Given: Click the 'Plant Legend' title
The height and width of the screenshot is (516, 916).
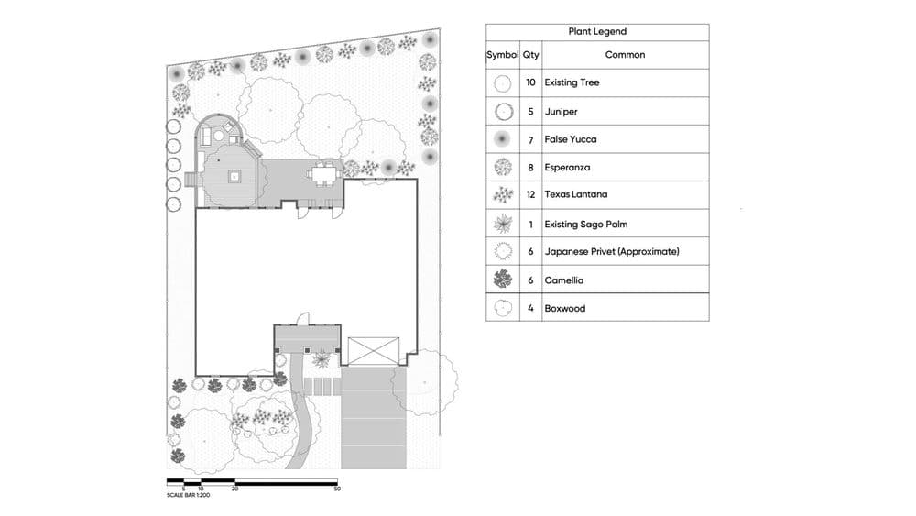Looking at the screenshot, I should pos(597,32).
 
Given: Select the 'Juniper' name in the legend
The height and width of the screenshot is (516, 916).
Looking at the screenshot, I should pos(561,111).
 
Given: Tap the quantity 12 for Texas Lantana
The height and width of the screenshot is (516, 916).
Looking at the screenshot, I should pos(531,195).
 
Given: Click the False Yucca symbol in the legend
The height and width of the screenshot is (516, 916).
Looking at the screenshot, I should pos(502,139).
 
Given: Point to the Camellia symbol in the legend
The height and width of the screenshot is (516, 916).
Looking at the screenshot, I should pos(502,280).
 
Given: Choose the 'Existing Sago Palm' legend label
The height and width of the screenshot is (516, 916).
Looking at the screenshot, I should pos(585,224).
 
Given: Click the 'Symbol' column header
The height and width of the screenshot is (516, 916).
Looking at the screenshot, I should pos(502,55).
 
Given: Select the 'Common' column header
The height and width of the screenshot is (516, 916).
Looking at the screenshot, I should pos(625,55).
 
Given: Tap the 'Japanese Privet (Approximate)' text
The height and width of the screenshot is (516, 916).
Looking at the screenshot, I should pos(612,252).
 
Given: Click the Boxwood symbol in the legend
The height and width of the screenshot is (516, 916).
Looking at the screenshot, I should pos(502,308).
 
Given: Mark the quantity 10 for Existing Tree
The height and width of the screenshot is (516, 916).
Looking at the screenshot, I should pos(531,82).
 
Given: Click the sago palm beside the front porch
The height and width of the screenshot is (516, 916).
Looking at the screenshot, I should pos(320,360).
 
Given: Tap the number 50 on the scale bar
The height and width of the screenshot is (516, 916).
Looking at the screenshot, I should pos(338,489).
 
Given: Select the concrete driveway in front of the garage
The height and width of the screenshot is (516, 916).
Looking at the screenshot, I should pos(373,417).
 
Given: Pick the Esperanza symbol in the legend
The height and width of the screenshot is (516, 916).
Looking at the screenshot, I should pos(502,167).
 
